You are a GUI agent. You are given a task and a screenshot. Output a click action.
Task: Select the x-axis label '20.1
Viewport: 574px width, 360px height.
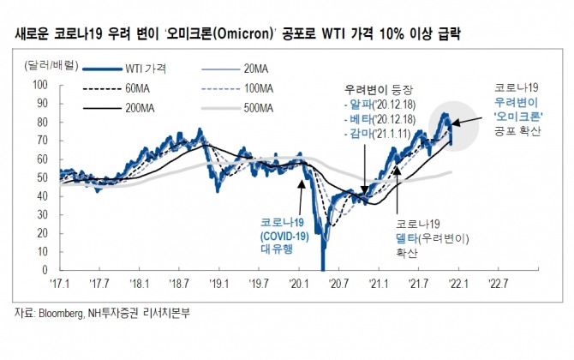(x=300, y=283)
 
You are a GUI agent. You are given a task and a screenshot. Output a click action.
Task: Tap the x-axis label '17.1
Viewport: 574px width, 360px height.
(x=60, y=283)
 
